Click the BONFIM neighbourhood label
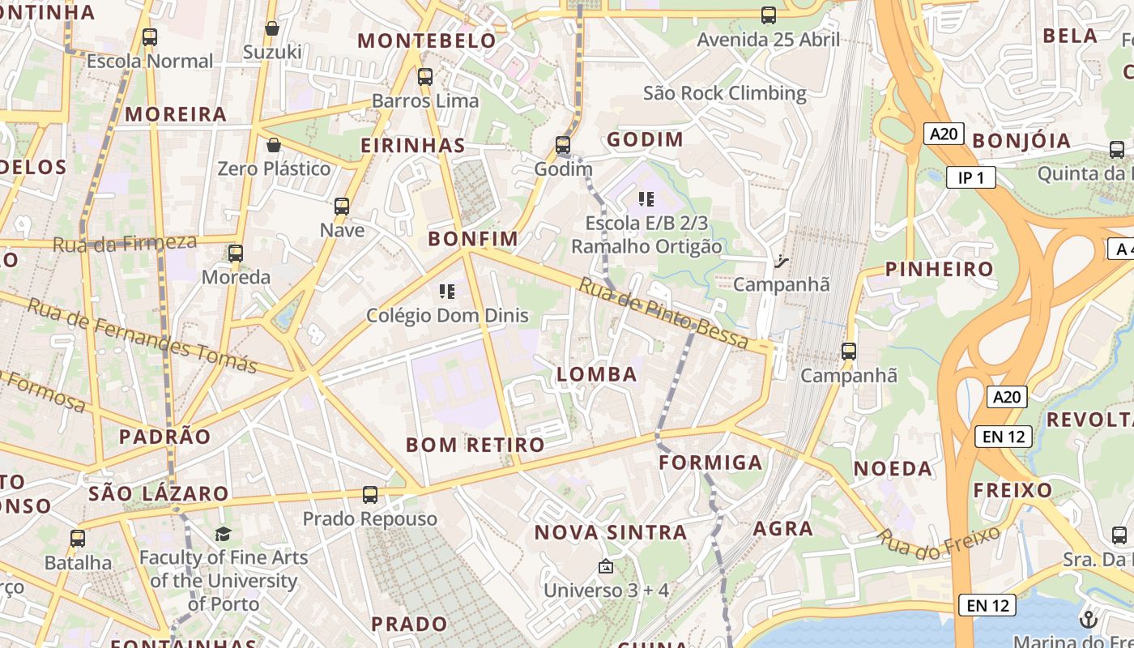coord(473,238)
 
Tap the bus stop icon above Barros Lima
coord(425,77)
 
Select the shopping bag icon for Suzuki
coord(272,28)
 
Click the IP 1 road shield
coord(970,177)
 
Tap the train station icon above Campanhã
coord(781,261)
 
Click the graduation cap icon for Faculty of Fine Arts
coord(223,534)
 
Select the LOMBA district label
coord(597,374)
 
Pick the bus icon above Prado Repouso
coord(370,494)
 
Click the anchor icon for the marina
coord(1088,620)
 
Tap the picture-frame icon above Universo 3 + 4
coord(606,566)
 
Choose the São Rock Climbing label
coord(724,93)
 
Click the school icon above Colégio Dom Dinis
coord(446,292)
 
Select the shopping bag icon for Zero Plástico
coord(274,145)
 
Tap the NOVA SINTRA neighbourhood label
coord(611,532)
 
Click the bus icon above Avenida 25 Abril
coord(768,15)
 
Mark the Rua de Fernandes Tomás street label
coord(143,336)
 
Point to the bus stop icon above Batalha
coord(78,538)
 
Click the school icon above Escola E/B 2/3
coord(646,198)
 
